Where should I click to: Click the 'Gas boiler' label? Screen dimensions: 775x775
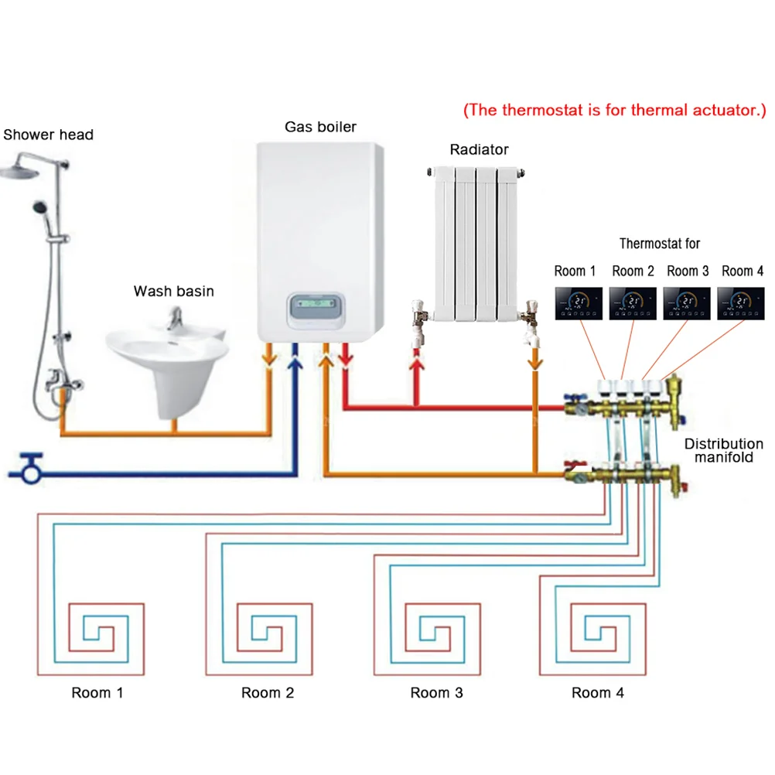point(320,126)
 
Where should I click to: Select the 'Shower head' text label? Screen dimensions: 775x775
point(48,135)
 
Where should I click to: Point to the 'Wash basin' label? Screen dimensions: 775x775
point(173,292)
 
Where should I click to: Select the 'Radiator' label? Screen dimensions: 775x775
point(479,149)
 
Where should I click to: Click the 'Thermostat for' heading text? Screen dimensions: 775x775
point(659,244)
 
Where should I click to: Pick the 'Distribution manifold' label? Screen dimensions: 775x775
point(724,451)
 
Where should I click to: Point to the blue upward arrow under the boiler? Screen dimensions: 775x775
point(295,359)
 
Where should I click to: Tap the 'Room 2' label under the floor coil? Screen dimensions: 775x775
point(268,692)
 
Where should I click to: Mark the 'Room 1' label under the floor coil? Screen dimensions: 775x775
point(97,692)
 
